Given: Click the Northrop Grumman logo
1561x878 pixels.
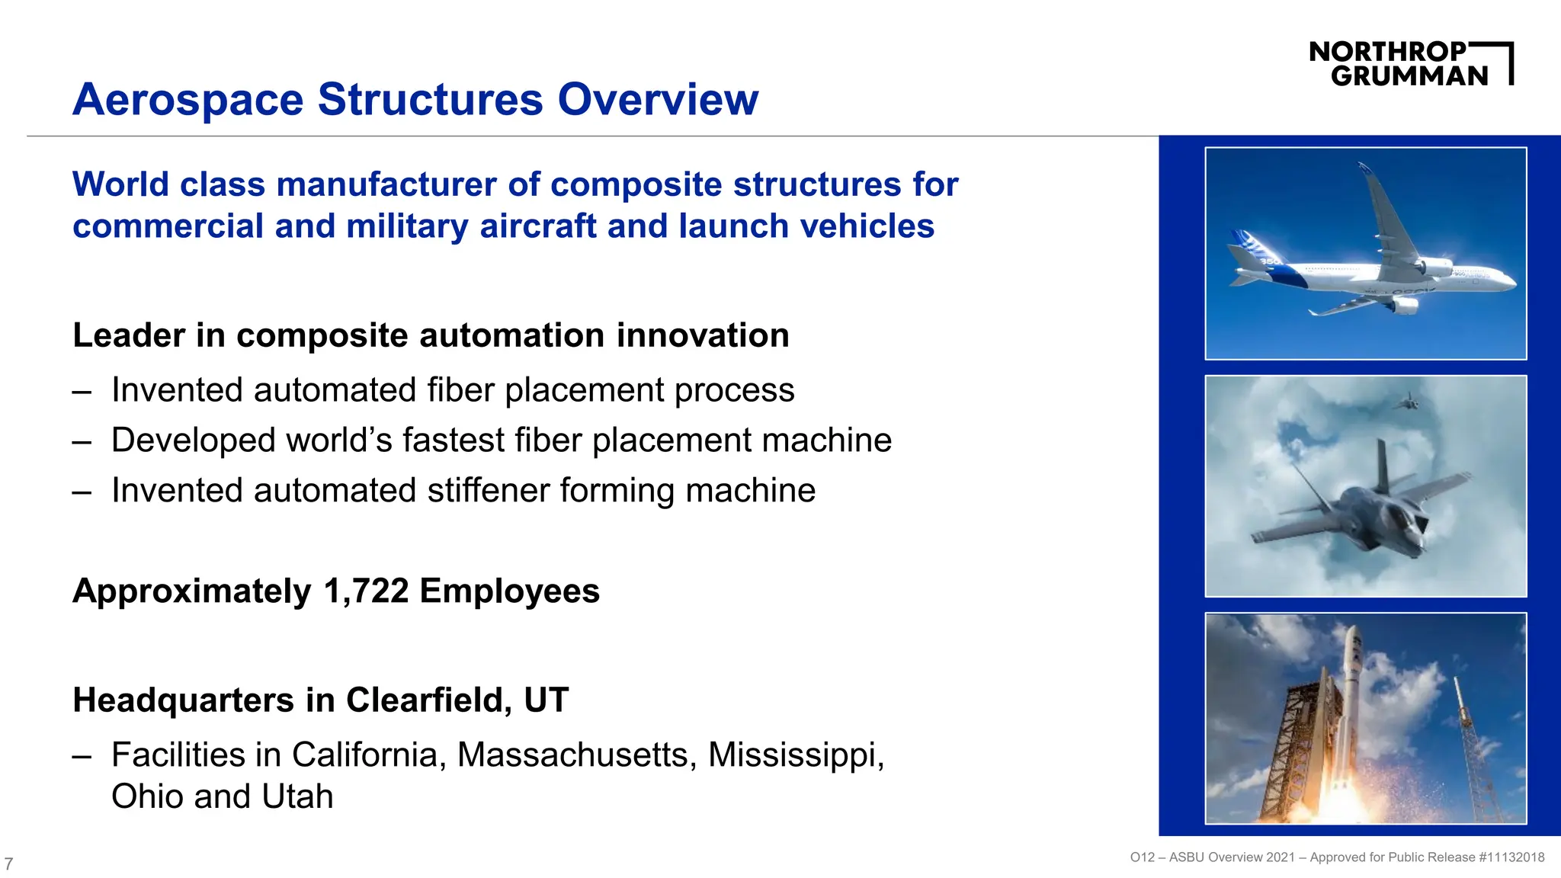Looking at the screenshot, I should click(x=1410, y=64).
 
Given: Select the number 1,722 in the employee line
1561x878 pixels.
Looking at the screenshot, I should click(x=366, y=591).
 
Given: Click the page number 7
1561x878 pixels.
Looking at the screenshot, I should click(x=8, y=864).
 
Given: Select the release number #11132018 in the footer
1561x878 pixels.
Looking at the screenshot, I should click(x=1511, y=857).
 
